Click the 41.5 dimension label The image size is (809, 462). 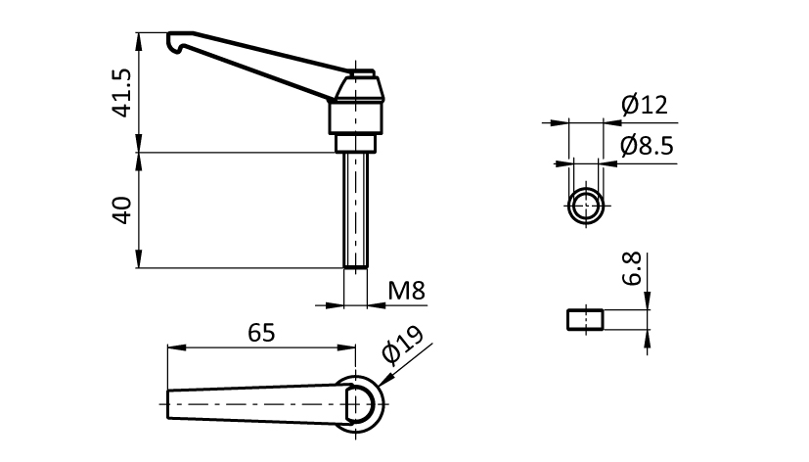122,93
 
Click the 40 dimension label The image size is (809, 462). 122,209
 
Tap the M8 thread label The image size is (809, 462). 406,291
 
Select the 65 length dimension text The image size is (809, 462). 260,332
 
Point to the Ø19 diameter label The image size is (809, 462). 402,346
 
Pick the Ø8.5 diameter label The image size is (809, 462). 647,147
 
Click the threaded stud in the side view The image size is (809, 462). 356,210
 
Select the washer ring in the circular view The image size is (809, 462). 587,207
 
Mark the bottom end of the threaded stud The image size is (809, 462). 356,265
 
